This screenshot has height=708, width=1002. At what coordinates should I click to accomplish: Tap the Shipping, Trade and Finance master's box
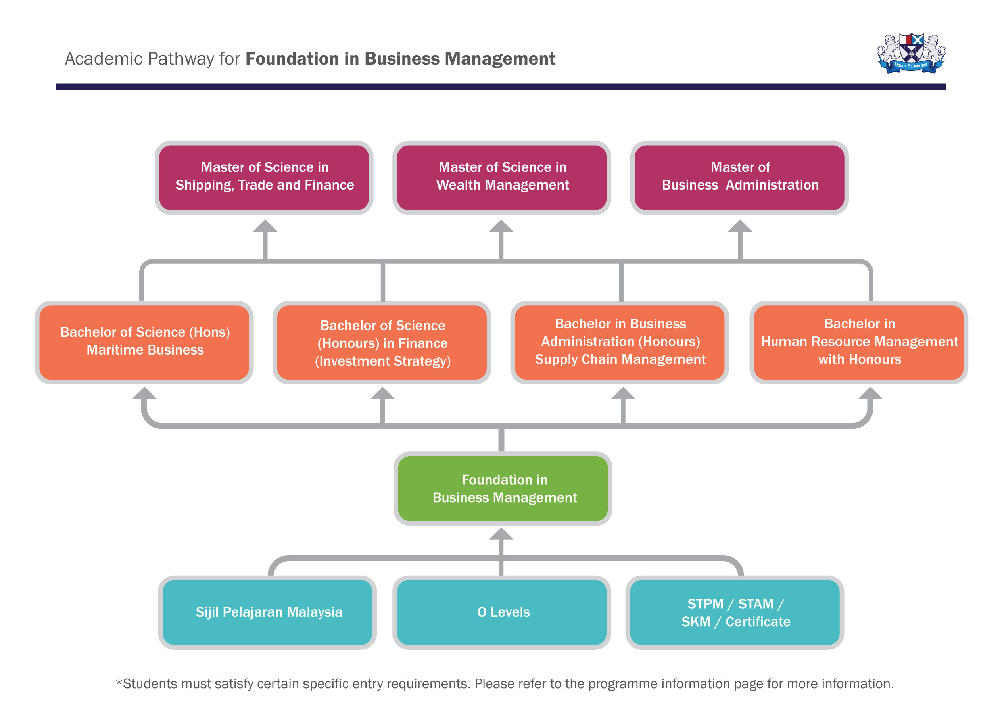[264, 177]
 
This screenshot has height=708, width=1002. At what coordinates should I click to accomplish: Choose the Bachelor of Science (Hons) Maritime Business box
[144, 342]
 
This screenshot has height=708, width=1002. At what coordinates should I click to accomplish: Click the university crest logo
[911, 54]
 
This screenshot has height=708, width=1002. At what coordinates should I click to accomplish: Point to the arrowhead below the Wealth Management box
[501, 226]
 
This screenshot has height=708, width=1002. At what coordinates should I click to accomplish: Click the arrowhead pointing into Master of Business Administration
[740, 226]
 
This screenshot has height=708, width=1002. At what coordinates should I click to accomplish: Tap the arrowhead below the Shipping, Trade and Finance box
[265, 226]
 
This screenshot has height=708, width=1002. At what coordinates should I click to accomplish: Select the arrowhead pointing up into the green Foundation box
[501, 534]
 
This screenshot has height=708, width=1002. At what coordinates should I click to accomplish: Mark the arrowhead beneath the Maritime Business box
[144, 393]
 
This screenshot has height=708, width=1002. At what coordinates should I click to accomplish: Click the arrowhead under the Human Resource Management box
[870, 393]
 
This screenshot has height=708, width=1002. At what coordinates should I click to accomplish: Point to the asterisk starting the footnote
[119, 682]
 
